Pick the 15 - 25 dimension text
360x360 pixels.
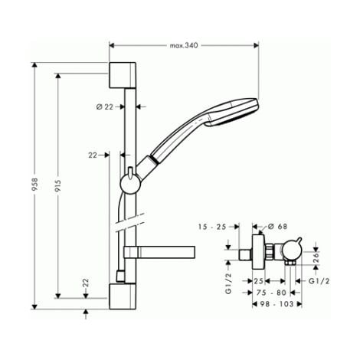pyautogui.click(x=219, y=227)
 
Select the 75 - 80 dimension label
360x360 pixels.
pyautogui.click(x=269, y=292)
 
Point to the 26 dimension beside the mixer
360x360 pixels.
pyautogui.click(x=315, y=257)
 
